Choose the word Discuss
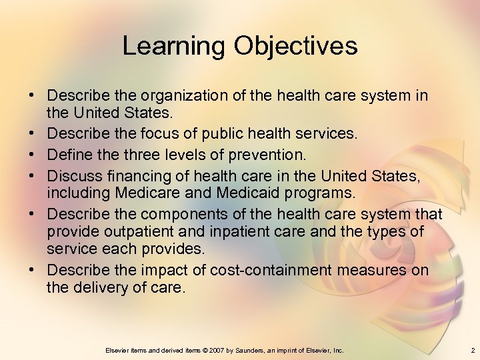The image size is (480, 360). pos(73,176)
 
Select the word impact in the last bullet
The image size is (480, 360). pos(165,271)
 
